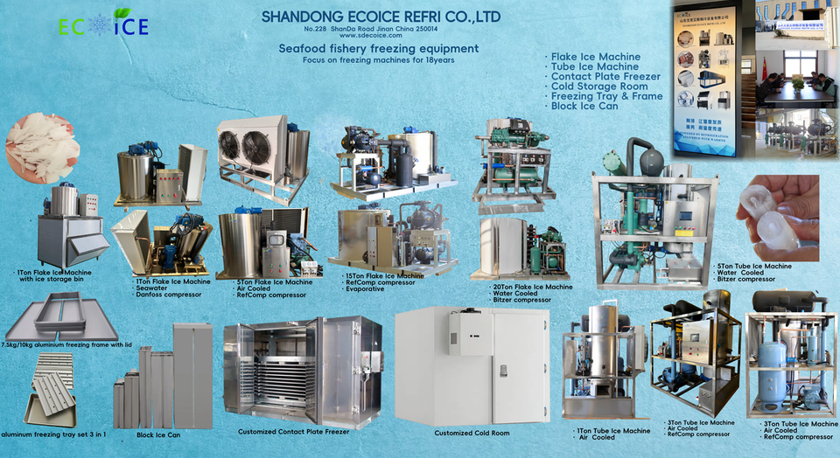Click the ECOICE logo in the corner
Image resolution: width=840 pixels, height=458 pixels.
(102, 25)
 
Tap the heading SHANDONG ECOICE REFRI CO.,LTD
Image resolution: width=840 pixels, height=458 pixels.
(381, 17)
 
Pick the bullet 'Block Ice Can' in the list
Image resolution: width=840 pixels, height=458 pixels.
(585, 106)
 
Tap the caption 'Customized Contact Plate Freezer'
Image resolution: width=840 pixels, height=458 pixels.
(293, 432)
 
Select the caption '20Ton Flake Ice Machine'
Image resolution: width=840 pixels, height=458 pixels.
(532, 287)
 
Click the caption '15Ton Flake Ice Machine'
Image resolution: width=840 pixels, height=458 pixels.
(385, 275)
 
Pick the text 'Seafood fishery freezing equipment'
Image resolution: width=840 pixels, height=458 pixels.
(378, 49)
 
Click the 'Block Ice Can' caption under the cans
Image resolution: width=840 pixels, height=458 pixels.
(158, 434)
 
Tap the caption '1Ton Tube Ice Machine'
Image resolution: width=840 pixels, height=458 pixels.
(613, 431)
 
